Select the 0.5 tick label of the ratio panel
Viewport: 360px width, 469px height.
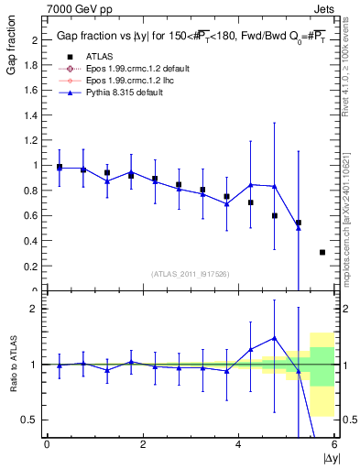click(29, 420)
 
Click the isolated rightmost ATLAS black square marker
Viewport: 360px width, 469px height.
click(322, 252)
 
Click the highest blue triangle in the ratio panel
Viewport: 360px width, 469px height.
click(274, 338)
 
